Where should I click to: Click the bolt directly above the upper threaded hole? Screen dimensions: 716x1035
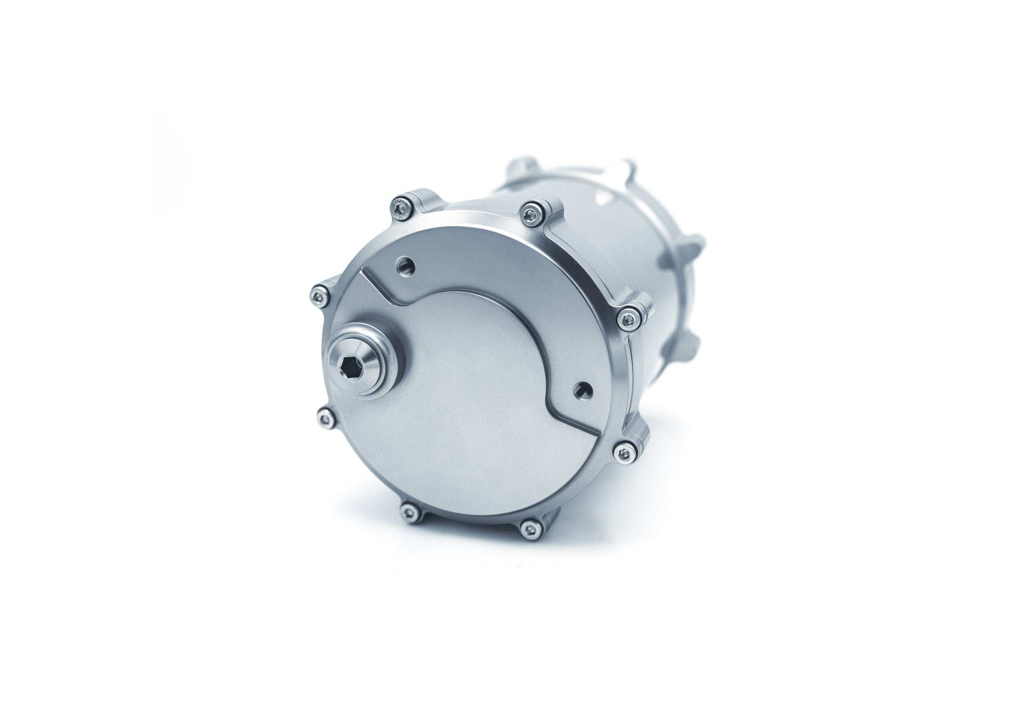pyautogui.click(x=400, y=208)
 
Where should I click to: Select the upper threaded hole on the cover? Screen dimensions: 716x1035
pyautogui.click(x=406, y=265)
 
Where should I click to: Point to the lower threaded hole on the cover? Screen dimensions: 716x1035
pyautogui.click(x=583, y=390)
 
